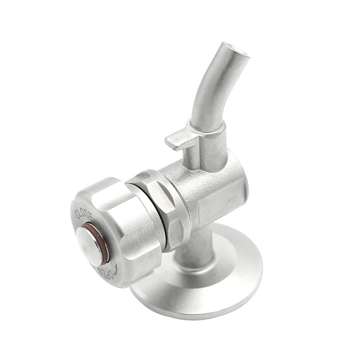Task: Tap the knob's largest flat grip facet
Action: (130, 225)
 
